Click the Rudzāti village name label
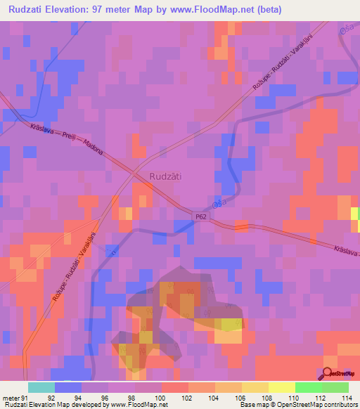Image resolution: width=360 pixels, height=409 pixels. [166, 177]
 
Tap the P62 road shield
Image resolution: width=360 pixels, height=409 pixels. [202, 218]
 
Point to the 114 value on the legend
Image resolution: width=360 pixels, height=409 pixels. [345, 396]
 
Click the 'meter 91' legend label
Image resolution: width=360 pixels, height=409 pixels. [13, 396]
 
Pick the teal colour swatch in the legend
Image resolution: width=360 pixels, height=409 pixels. [41, 387]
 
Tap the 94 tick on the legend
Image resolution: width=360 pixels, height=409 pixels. [80, 396]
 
